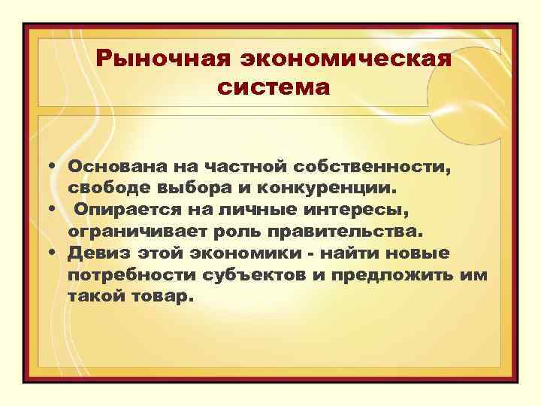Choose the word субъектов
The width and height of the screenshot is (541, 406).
(255, 277)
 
